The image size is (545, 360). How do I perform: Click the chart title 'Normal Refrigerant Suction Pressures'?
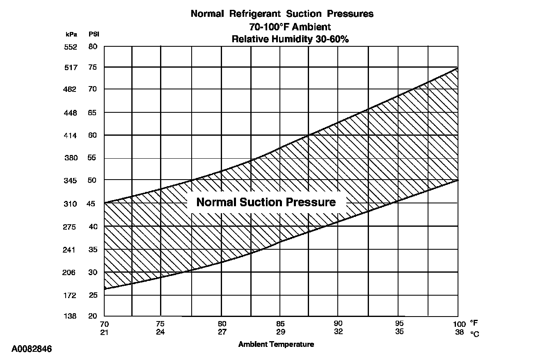pos(282,14)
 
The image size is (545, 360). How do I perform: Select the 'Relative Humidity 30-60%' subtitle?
pos(290,39)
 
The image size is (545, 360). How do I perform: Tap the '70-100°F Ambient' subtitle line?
pos(290,27)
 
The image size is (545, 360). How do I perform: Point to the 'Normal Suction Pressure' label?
pos(266,202)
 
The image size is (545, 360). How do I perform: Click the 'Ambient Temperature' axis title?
pos(276,344)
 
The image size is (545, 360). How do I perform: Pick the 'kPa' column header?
pos(71,34)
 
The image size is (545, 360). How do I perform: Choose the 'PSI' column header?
pos(94,34)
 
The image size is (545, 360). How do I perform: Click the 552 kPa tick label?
pos(71,47)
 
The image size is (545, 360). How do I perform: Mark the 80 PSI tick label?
pos(93,47)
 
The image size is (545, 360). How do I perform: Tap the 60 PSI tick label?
pos(93,135)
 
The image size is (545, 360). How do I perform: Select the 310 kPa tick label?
pos(71,204)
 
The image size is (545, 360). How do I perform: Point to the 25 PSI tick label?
pos(93,295)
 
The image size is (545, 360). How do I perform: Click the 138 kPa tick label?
pos(71,317)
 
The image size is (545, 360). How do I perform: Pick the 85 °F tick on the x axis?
pos(281,324)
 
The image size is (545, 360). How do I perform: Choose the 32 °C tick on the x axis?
pos(338,332)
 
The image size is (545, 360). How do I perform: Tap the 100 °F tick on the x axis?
pos(460,324)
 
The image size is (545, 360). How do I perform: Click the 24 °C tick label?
pos(160,332)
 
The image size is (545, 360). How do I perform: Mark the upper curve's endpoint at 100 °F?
pos(458,68)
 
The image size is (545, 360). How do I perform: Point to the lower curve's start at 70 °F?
pos(105,289)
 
